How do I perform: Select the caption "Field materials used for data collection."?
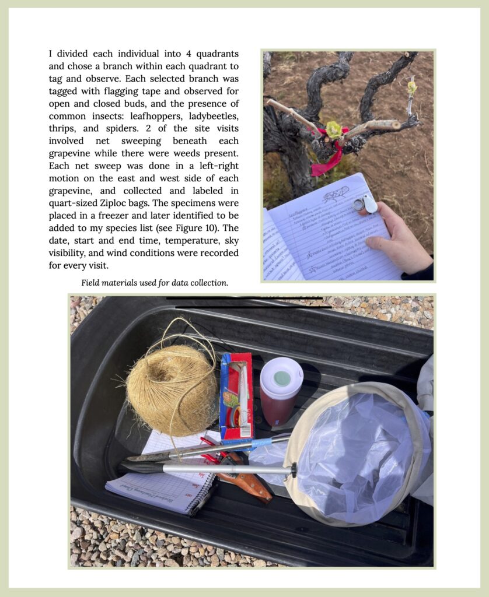[155, 283]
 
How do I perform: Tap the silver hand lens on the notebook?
[364, 203]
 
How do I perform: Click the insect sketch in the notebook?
[336, 194]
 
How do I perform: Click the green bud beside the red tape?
[333, 129]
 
